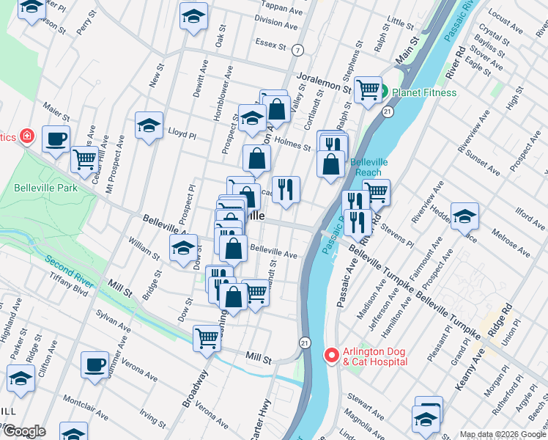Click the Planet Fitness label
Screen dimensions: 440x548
pyautogui.click(x=424, y=92)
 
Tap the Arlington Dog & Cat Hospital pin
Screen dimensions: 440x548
pyautogui.click(x=330, y=356)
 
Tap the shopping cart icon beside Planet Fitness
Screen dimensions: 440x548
pyautogui.click(x=369, y=89)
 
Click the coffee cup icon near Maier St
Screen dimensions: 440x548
pyautogui.click(x=56, y=137)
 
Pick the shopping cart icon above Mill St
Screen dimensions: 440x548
pyautogui.click(x=207, y=338)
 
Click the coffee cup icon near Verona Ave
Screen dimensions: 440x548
pyautogui.click(x=95, y=364)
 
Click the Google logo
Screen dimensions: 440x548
pyautogui.click(x=24, y=431)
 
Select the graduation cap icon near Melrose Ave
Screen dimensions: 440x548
pyautogui.click(x=464, y=215)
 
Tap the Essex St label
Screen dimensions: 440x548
pyautogui.click(x=271, y=45)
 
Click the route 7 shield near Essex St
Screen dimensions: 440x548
pyautogui.click(x=297, y=51)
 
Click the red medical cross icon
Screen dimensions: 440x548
pyautogui.click(x=27, y=136)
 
